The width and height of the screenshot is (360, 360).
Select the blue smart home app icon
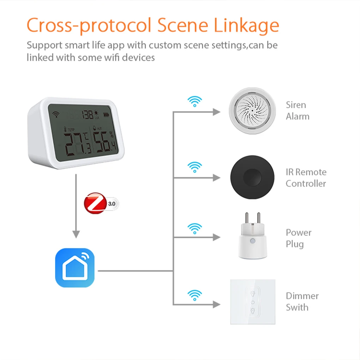point(75,268)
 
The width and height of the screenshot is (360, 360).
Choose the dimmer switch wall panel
point(253,302)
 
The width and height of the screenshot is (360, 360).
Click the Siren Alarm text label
point(297,110)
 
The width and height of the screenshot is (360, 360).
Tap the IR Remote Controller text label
point(306,178)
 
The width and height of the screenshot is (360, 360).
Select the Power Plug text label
point(299,238)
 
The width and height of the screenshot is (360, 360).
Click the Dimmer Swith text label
point(302,301)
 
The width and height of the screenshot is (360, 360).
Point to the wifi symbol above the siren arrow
point(194,102)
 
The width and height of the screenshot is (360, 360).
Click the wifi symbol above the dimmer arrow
point(194,295)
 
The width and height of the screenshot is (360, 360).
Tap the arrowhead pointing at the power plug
point(216,238)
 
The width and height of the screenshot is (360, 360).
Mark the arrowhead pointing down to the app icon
point(76,234)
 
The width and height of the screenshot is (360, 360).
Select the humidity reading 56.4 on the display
point(106,143)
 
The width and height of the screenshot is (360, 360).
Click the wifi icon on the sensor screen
point(55,114)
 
